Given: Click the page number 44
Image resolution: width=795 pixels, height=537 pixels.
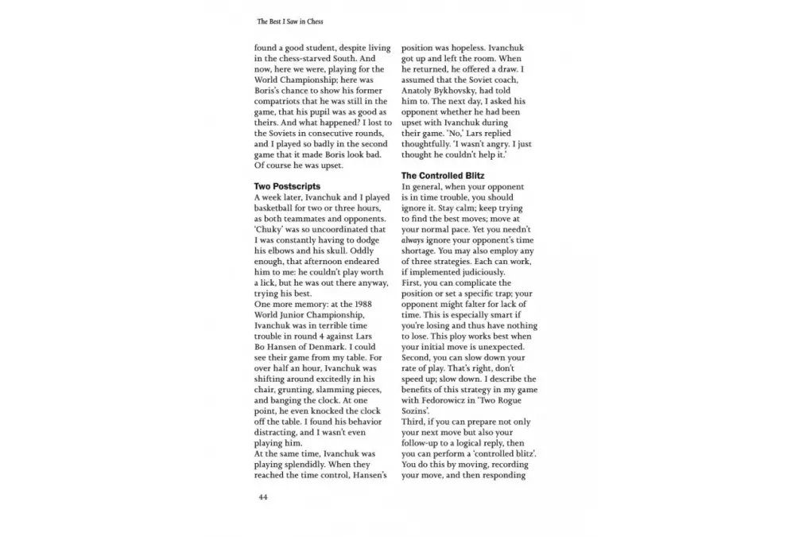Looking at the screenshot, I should point(262,497).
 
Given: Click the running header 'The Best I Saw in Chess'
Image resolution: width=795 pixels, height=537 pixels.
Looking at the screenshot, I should point(291,21).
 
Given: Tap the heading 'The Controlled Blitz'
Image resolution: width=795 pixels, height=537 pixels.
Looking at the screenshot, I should point(443,175).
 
